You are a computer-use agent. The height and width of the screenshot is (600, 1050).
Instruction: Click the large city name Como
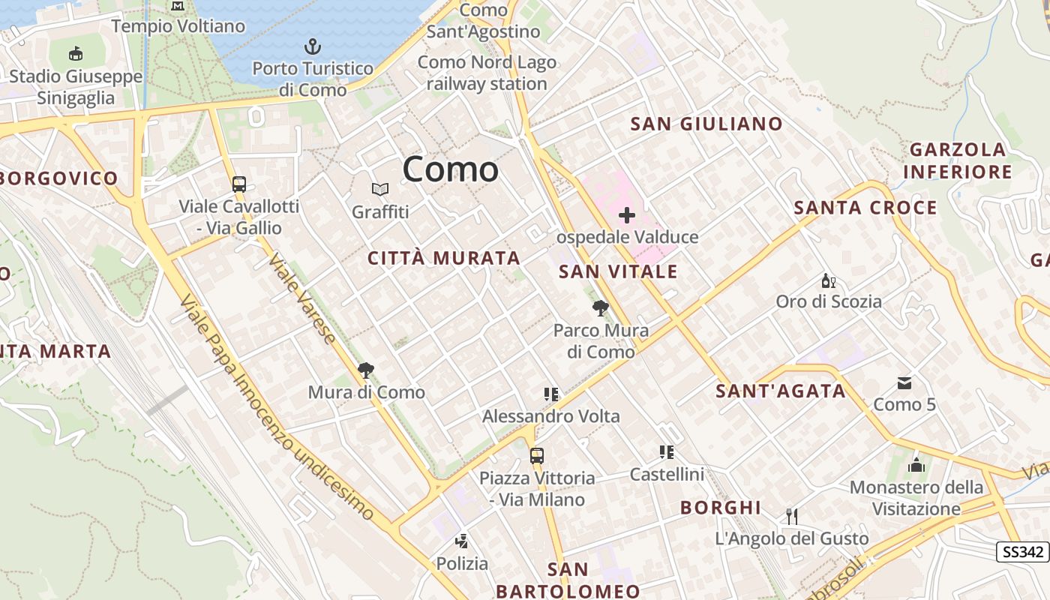point(450,169)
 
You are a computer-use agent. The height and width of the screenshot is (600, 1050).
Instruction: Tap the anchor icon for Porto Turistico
point(313,47)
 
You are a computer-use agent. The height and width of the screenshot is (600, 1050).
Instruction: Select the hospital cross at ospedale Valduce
point(627,216)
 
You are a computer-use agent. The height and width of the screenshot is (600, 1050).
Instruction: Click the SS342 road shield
point(1022,553)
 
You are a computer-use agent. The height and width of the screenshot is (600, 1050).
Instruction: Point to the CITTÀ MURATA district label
point(444,258)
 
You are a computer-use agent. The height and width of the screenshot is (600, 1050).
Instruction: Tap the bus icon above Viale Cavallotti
point(239,184)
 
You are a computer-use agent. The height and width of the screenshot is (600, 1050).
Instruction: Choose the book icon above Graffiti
point(380,190)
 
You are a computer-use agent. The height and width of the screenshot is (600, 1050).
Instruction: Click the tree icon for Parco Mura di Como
point(600,307)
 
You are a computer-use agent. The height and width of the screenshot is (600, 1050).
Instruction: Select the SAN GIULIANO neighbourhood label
point(706,124)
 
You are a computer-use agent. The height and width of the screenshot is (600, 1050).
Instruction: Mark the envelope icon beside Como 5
point(904,383)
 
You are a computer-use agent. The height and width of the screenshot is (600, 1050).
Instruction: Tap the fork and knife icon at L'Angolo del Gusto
point(791,516)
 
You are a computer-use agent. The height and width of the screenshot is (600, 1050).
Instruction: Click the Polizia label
point(462,563)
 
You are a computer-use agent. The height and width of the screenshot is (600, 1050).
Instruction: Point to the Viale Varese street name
point(302,298)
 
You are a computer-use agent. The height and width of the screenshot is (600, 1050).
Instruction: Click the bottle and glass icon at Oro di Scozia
point(828,281)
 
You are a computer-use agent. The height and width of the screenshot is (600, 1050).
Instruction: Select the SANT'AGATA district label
point(780,391)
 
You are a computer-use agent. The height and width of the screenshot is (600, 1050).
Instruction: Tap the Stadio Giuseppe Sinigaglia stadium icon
point(76,54)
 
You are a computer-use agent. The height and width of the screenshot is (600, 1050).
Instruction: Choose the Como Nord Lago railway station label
point(487,73)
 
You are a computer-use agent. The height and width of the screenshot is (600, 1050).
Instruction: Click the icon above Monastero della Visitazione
point(916,465)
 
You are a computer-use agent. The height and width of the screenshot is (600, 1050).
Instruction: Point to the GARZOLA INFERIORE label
point(957,160)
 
